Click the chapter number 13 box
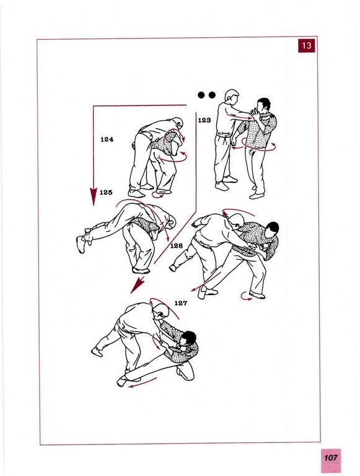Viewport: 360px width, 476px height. tap(306, 45)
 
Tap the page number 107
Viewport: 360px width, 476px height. tap(330, 458)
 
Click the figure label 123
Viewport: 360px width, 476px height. tap(204, 120)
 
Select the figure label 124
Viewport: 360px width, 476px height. tap(107, 139)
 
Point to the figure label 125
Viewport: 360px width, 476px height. tap(106, 192)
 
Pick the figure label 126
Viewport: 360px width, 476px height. tap(177, 245)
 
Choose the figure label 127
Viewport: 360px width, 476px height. tap(180, 303)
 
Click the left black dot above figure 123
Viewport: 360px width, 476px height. tap(201, 95)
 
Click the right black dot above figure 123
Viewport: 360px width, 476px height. tap(212, 95)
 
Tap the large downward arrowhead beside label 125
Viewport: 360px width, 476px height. tap(93, 196)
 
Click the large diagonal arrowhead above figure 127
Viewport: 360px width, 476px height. tap(137, 286)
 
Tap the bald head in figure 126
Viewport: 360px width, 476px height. tap(236, 220)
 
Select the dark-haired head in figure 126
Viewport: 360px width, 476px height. tap(271, 230)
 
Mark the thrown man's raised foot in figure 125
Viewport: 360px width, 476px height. tap(81, 244)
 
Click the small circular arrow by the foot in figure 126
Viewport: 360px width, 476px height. tap(246, 296)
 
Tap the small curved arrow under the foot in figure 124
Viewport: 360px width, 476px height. tap(158, 196)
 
